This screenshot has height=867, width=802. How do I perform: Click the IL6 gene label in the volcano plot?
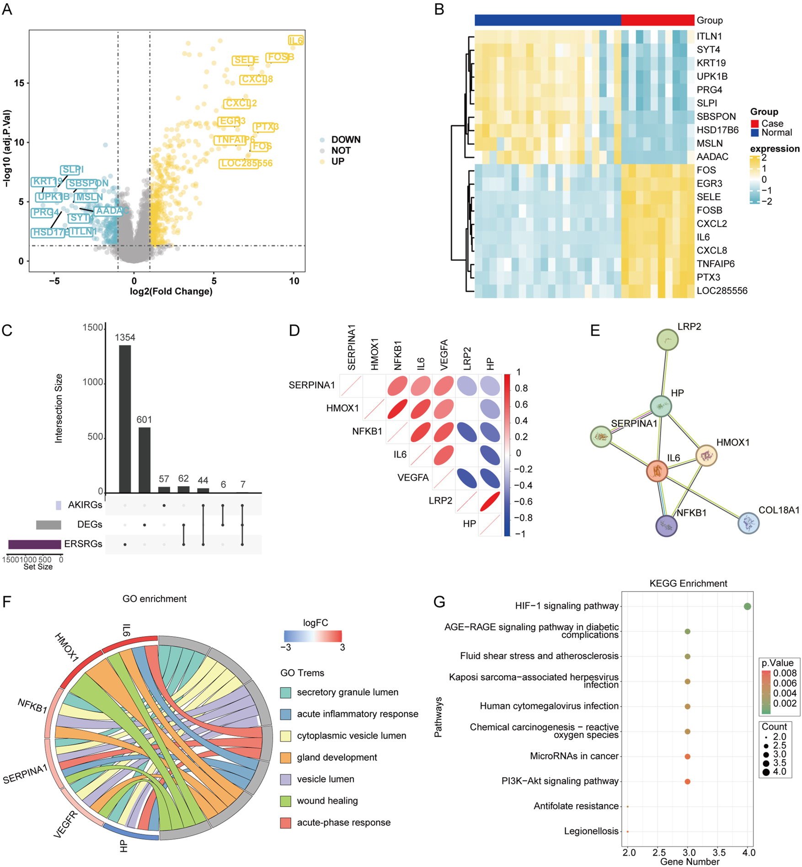(296, 41)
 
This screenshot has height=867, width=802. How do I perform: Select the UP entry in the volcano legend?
(337, 162)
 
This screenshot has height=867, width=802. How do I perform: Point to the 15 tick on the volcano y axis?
(19, 83)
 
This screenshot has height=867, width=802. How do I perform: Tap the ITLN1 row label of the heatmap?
(709, 36)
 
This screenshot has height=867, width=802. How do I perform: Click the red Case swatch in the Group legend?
(754, 124)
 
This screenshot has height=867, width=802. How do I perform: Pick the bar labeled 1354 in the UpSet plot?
(125, 418)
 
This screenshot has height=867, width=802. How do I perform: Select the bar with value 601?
(144, 460)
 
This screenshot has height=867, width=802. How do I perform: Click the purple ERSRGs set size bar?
(35, 544)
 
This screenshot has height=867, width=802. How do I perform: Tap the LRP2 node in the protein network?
(667, 340)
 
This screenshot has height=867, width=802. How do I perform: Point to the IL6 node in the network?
(657, 471)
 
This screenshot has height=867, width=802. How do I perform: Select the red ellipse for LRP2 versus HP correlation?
(490, 501)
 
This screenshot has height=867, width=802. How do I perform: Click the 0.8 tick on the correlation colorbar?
(521, 388)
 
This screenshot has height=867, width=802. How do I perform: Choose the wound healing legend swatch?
(286, 801)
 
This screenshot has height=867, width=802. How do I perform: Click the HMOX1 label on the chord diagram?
(67, 648)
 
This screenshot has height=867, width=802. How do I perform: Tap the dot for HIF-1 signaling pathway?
(747, 607)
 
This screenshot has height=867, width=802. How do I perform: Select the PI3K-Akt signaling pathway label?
(560, 781)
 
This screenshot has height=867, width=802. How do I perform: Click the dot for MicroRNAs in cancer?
(687, 756)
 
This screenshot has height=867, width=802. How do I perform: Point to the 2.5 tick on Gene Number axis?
(659, 852)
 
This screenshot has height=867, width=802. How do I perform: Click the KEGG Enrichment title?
(688, 583)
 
